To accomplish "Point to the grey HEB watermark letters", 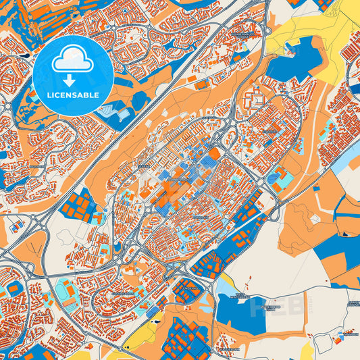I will (269, 308).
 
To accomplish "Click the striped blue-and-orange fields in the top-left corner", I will (20, 20).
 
